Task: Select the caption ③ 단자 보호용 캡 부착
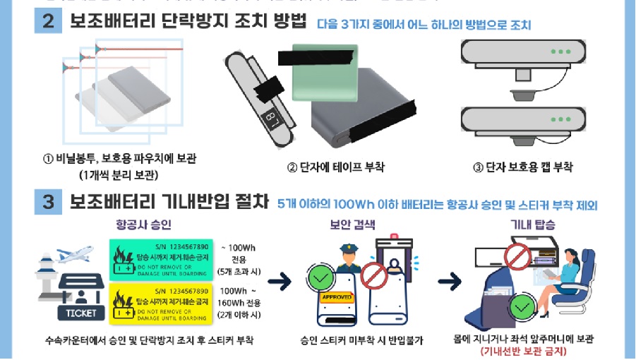click(523, 167)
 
